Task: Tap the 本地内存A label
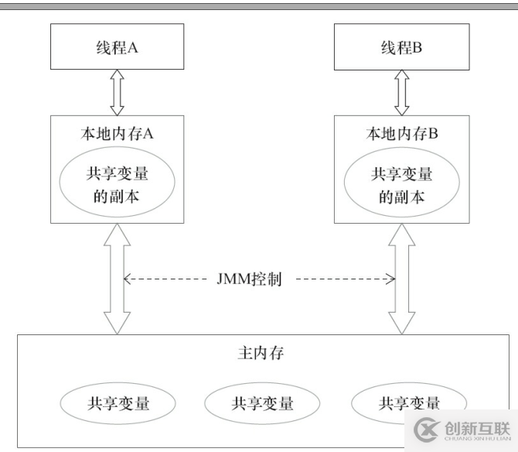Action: tap(118, 133)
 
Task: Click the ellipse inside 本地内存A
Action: tap(118, 184)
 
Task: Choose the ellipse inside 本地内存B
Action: tap(400, 184)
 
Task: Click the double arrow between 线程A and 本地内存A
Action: tap(117, 91)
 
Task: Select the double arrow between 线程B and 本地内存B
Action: tap(401, 91)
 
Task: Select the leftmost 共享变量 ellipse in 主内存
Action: tap(118, 402)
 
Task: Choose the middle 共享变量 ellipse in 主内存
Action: tap(261, 402)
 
